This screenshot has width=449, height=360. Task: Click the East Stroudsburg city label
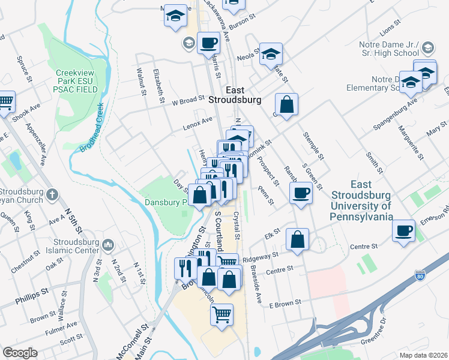pos(234,95)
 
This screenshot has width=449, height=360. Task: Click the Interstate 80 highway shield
pos(420,276)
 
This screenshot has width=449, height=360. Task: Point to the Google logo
pos(20,353)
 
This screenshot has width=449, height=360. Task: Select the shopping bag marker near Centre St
pos(297,239)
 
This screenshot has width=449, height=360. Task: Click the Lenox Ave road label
pos(199,124)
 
